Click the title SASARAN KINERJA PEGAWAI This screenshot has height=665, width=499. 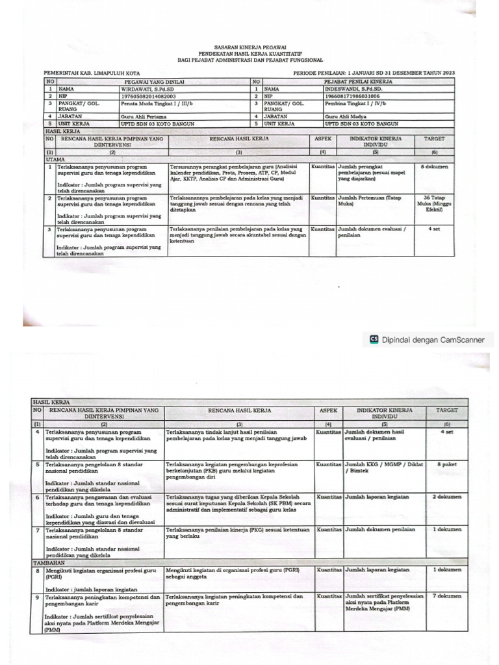click(250, 48)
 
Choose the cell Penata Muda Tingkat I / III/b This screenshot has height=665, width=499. click(157, 103)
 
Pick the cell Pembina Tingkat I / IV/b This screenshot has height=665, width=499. click(357, 103)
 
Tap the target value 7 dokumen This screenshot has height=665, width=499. click(447, 596)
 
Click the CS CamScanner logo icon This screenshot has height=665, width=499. click(374, 338)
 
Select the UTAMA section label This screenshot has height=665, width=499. click(55, 158)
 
